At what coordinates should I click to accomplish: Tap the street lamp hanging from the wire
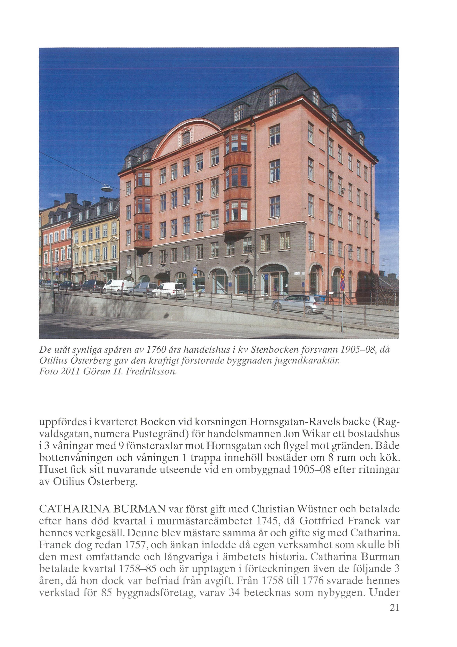click(x=107, y=188)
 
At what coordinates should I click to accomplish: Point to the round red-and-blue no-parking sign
click(x=342, y=285)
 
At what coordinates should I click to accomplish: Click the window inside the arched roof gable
click(x=186, y=138)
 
